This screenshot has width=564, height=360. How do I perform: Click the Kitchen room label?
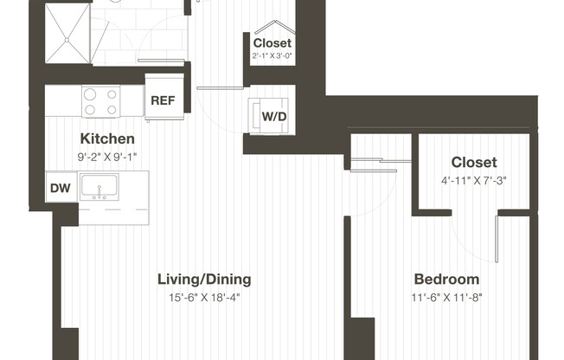[x=107, y=138]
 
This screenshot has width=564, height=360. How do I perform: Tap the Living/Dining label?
[x=204, y=279]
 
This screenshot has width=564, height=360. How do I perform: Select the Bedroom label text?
[x=446, y=279]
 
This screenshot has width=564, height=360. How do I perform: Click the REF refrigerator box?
[x=163, y=100]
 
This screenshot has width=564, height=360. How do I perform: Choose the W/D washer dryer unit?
[x=274, y=114]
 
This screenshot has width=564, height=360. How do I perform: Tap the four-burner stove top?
[x=100, y=101]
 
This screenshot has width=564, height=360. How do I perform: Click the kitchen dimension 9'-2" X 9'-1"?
[x=107, y=157]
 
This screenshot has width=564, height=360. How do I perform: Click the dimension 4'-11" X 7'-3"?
[x=474, y=180]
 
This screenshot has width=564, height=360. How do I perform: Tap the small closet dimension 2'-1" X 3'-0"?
[x=272, y=56]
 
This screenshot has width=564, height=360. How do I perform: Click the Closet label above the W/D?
[x=272, y=42]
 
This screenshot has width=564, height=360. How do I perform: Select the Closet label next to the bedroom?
[x=474, y=162]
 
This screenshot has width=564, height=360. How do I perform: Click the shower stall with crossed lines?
[x=66, y=32]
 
